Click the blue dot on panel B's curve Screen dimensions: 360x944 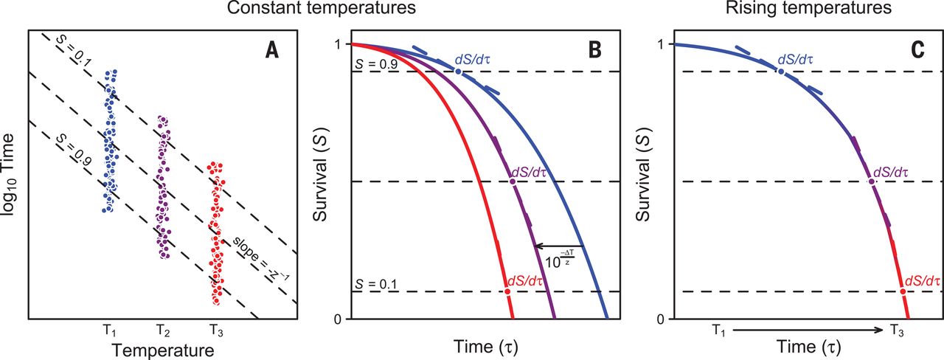[x=458, y=72]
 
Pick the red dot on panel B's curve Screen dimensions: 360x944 [x=508, y=291]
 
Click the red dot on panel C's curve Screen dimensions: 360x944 [x=903, y=291]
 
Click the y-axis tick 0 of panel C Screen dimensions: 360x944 [x=660, y=319]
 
